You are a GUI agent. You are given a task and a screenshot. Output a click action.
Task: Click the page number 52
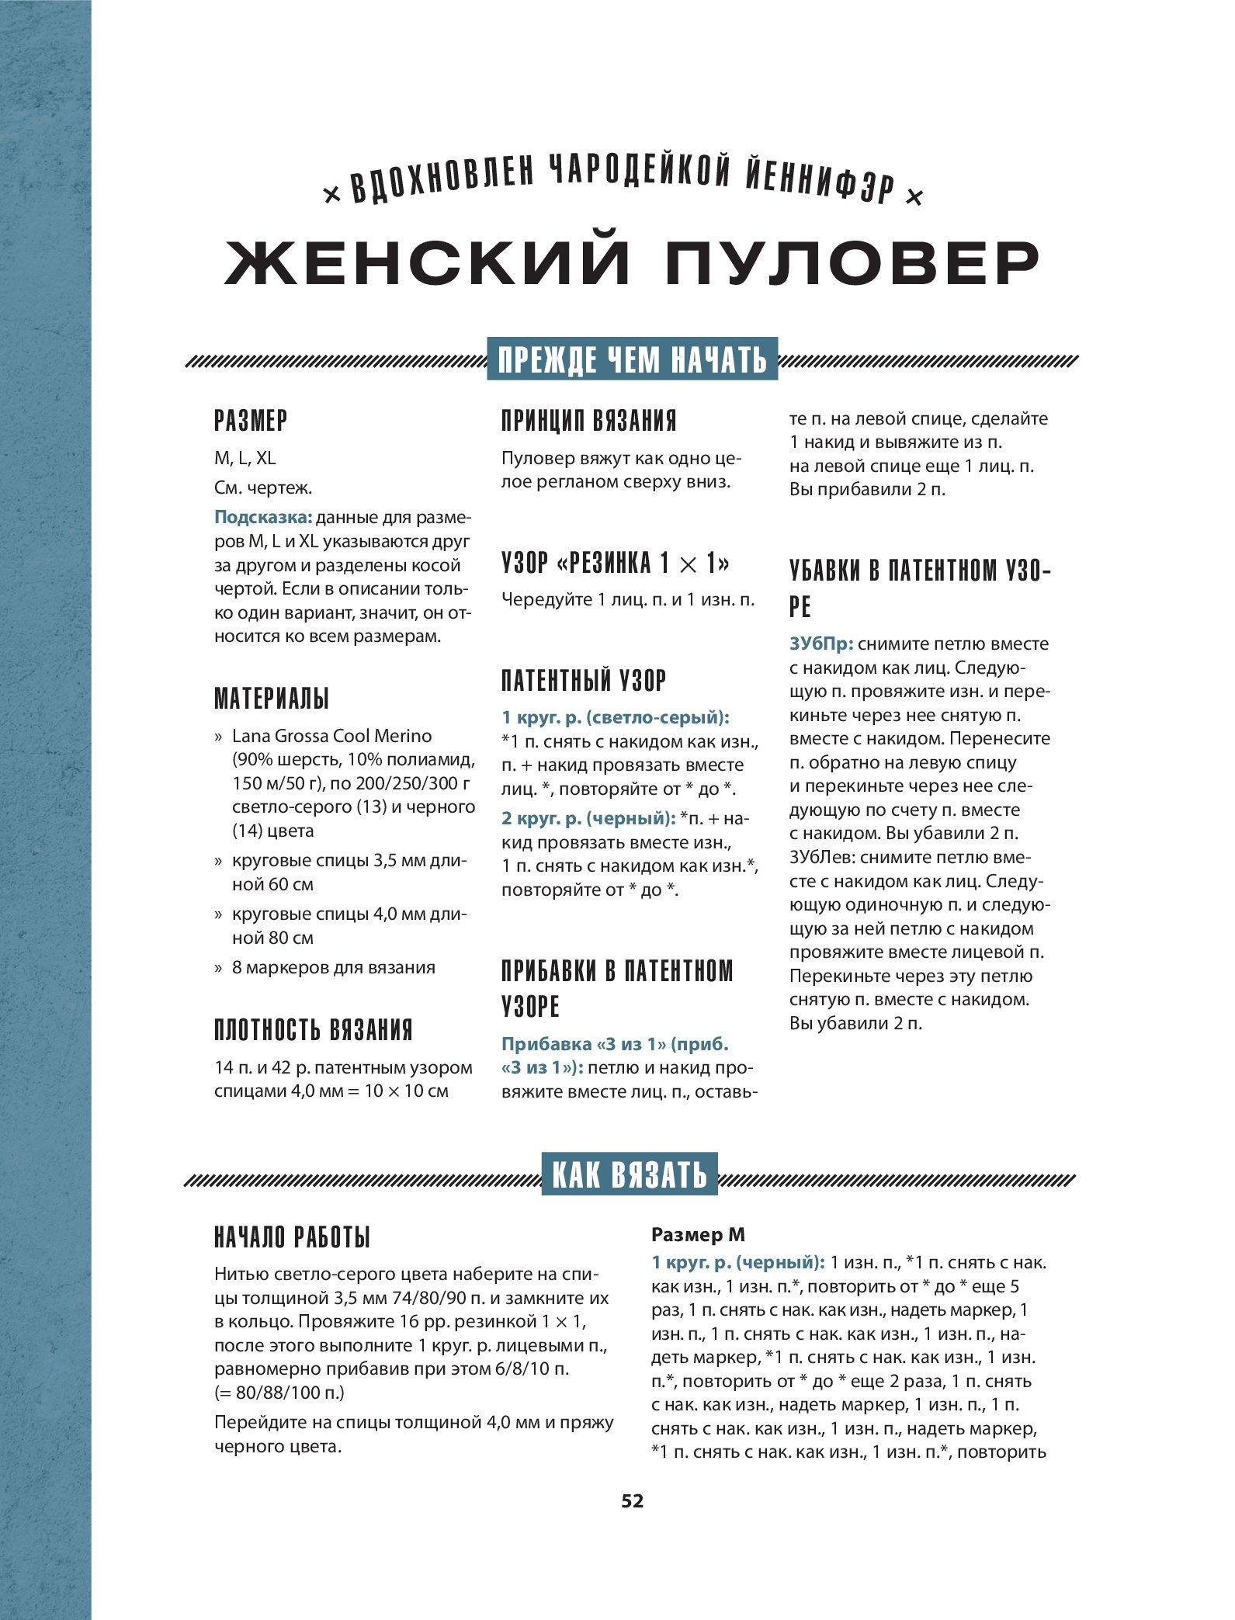(632, 1500)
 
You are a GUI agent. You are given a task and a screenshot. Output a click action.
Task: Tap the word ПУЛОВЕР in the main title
(852, 263)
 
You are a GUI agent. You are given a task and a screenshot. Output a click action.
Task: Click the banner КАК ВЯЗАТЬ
(630, 1174)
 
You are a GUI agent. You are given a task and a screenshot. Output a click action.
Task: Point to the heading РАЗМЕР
(251, 421)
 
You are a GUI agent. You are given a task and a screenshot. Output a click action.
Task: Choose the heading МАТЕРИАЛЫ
(272, 698)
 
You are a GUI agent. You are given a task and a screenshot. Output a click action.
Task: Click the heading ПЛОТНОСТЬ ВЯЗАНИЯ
(313, 1030)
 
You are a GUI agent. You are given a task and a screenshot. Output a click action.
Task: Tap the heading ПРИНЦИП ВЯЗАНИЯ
(588, 421)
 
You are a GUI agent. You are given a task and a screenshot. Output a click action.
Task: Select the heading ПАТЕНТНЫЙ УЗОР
(584, 681)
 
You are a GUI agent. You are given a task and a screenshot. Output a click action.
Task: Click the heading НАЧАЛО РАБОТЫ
(292, 1237)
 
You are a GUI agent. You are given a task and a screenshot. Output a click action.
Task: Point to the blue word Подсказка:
(262, 518)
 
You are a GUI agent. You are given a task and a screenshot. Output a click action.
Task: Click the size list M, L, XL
(245, 458)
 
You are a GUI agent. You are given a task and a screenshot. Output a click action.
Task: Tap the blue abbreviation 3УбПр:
(821, 643)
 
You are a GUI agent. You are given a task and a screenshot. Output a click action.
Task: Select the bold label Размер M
(697, 1234)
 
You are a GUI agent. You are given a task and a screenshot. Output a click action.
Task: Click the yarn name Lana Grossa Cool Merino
(331, 736)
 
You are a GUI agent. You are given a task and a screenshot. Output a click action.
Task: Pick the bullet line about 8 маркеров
(333, 967)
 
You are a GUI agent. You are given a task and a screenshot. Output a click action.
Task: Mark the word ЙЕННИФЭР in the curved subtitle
(820, 181)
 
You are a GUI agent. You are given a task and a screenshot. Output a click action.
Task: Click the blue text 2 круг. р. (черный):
(588, 818)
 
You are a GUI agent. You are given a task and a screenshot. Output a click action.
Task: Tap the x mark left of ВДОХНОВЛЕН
(331, 196)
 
